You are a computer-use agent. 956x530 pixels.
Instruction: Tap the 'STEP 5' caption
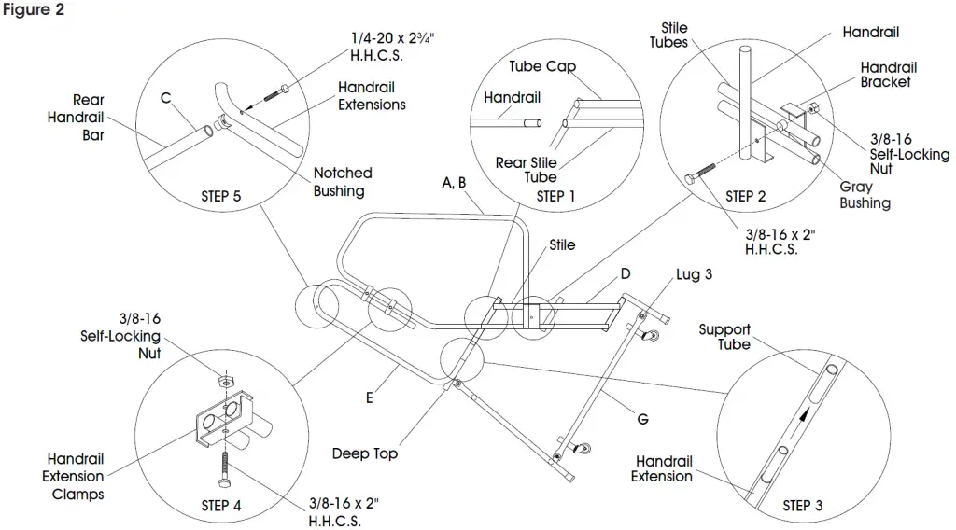pyautogui.click(x=220, y=197)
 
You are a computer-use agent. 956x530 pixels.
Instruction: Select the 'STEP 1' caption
pyautogui.click(x=551, y=197)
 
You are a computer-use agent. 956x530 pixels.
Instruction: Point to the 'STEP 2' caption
pyautogui.click(x=745, y=197)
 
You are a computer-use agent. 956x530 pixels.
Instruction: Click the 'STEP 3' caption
pyautogui.click(x=803, y=506)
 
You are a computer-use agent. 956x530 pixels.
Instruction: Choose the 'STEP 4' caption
pyautogui.click(x=220, y=506)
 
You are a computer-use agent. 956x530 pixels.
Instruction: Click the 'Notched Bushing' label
pyautogui.click(x=343, y=182)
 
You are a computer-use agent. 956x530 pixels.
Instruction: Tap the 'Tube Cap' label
pyautogui.click(x=542, y=67)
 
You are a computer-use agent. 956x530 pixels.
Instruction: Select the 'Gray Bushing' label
pyautogui.click(x=865, y=195)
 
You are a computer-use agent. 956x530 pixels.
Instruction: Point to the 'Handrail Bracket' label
pyautogui.click(x=888, y=75)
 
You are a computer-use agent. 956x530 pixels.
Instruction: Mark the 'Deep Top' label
pyautogui.click(x=365, y=453)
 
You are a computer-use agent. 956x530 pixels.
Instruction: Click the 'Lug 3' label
pyautogui.click(x=694, y=274)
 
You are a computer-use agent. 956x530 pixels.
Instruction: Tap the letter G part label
pyautogui.click(x=642, y=420)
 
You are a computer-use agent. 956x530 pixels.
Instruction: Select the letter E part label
pyautogui.click(x=370, y=398)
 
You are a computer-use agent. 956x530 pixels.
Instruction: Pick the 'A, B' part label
pyautogui.click(x=455, y=183)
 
